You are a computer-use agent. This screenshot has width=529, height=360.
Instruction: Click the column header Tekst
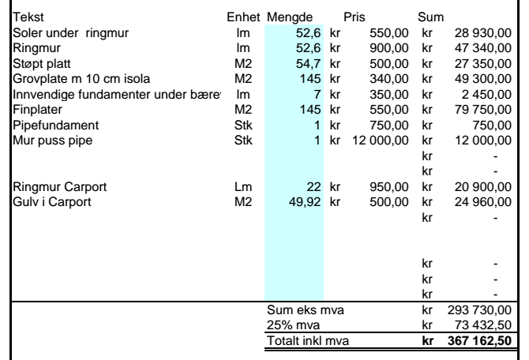[28, 17]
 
